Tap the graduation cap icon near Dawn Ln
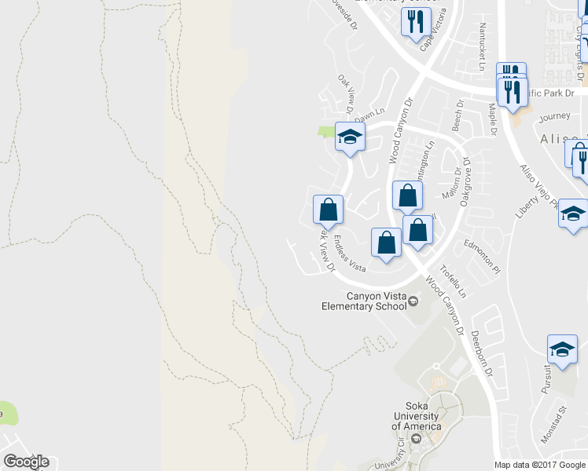(350, 137)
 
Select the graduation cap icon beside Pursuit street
(562, 349)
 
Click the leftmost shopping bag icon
(328, 210)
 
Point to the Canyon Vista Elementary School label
(377, 301)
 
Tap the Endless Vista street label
(350, 254)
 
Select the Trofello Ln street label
(453, 282)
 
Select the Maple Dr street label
(492, 119)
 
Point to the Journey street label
(555, 117)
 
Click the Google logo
(26, 461)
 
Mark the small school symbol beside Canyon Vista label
(412, 301)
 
